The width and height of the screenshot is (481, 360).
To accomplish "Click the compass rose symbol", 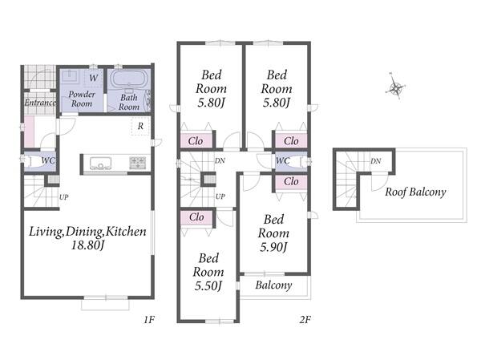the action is click(x=396, y=87).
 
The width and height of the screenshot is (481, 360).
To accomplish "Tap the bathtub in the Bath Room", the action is click(x=129, y=79).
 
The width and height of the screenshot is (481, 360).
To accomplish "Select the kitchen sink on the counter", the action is click(x=101, y=163).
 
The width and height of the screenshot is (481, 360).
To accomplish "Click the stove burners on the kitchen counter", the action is click(x=138, y=162).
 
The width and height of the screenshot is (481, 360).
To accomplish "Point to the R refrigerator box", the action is click(x=140, y=126).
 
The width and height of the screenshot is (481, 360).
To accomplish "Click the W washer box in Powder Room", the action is click(x=94, y=78).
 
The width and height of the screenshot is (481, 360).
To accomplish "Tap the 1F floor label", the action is click(x=149, y=320).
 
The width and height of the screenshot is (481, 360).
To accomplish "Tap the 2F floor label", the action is click(x=305, y=320).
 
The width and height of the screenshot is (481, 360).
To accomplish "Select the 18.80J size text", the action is click(x=88, y=245).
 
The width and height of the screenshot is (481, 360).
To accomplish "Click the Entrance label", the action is click(x=40, y=103).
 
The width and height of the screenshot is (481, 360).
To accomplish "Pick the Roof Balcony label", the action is click(x=415, y=192).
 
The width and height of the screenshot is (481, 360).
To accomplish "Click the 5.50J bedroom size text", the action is click(x=208, y=286).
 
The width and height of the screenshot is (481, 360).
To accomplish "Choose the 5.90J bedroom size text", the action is click(x=273, y=247).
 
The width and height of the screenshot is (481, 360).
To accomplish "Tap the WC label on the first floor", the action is click(x=48, y=160).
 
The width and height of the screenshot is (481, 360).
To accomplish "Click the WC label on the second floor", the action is click(x=282, y=160).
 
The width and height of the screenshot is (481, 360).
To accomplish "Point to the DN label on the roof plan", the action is click(x=376, y=161).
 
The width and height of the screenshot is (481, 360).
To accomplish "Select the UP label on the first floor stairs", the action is click(x=63, y=197).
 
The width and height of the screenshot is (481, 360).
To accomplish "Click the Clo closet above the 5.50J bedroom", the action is click(x=196, y=217).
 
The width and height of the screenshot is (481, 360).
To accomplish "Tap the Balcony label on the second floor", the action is click(x=273, y=285).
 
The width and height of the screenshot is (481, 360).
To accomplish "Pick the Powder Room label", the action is click(x=82, y=99).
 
